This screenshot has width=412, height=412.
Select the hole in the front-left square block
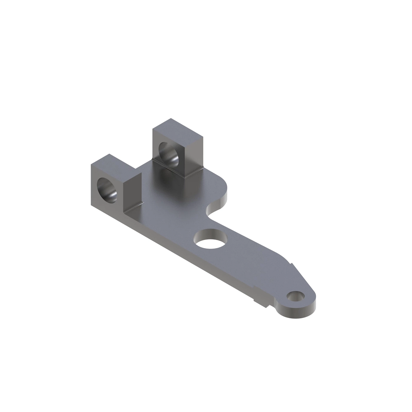(108, 190)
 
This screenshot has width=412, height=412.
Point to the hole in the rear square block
(168, 153)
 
